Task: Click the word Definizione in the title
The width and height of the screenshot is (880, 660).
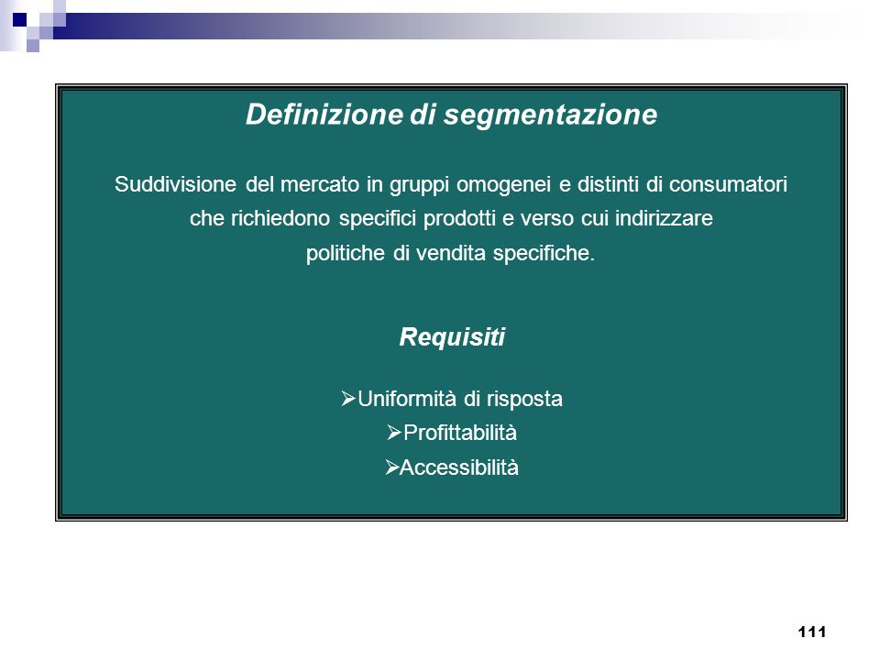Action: [x=324, y=114]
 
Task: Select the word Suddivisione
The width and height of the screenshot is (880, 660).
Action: [x=175, y=184]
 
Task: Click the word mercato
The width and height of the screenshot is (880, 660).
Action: [x=319, y=184]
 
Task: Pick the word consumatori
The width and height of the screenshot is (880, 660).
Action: [x=728, y=184]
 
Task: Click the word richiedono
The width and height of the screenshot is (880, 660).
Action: [x=280, y=218]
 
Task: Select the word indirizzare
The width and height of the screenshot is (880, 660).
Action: [x=664, y=218]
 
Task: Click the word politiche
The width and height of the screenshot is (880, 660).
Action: [x=346, y=254]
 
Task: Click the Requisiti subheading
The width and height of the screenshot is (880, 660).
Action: [x=452, y=337]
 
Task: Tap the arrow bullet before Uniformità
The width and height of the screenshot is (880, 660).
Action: [x=348, y=399]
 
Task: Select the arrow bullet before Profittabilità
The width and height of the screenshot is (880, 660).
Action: [x=394, y=433]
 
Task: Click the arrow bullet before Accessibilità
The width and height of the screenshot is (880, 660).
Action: [x=391, y=467]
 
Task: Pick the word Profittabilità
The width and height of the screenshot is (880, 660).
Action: [x=459, y=433]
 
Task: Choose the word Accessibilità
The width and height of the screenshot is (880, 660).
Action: [x=459, y=467]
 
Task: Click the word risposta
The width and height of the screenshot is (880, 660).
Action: [x=524, y=400]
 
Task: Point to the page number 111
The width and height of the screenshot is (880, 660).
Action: [x=811, y=632]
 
